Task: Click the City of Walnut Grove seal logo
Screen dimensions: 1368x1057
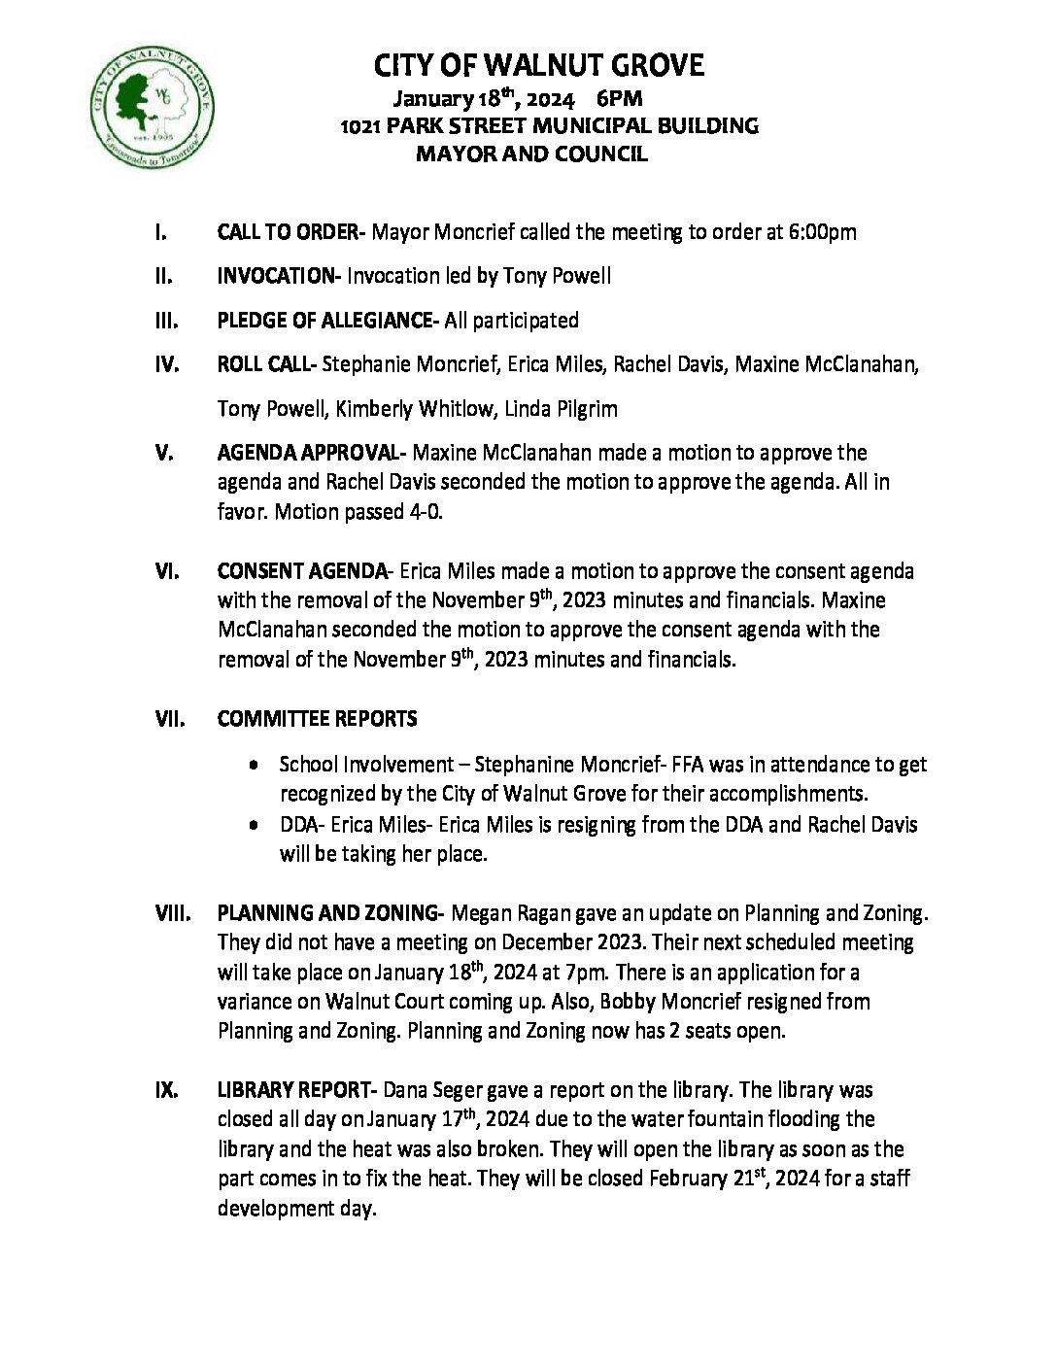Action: (x=152, y=106)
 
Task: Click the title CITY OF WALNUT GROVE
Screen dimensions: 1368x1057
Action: (x=538, y=66)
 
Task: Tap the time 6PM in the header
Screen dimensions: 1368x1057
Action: (x=619, y=98)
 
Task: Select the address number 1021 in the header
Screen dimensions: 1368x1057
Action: (x=359, y=126)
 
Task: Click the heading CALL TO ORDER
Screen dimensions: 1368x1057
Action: (x=289, y=232)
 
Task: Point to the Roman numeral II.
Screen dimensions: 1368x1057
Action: (x=163, y=276)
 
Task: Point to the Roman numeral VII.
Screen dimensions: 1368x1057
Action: (x=169, y=719)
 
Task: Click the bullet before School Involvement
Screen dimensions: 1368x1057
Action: (x=254, y=766)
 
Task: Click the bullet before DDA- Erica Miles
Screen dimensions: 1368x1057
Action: (x=254, y=825)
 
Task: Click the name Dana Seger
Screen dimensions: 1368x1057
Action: (x=433, y=1090)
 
